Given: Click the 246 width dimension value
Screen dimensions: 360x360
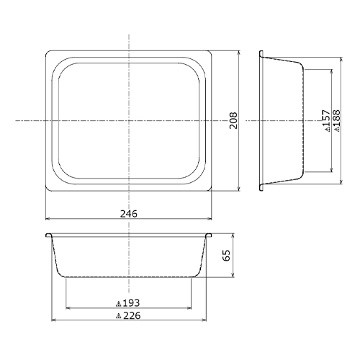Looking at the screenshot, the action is pos(129,213).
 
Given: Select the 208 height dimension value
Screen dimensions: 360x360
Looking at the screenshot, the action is pos(233,120).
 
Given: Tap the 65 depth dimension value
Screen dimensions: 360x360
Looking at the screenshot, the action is pos(226,255).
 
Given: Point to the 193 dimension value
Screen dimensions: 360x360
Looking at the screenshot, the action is pos(131,303).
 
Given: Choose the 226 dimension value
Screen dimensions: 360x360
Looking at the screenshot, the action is pos(132,315).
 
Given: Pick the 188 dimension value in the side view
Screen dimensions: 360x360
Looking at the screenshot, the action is pos(336,118).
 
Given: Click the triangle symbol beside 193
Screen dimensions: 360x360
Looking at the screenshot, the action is pos(118,305).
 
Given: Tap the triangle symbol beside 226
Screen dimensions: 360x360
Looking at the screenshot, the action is pos(118,317).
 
